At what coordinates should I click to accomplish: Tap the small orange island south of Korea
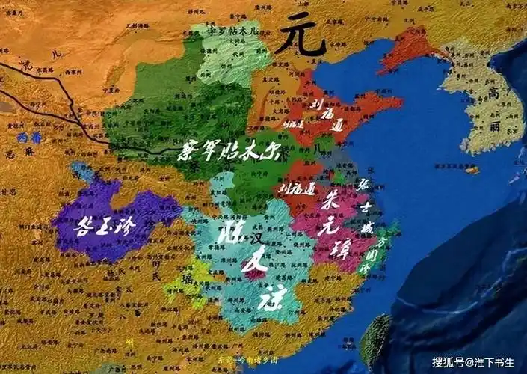click(x=471, y=170)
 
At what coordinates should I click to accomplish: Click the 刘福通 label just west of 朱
click(x=298, y=189)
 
